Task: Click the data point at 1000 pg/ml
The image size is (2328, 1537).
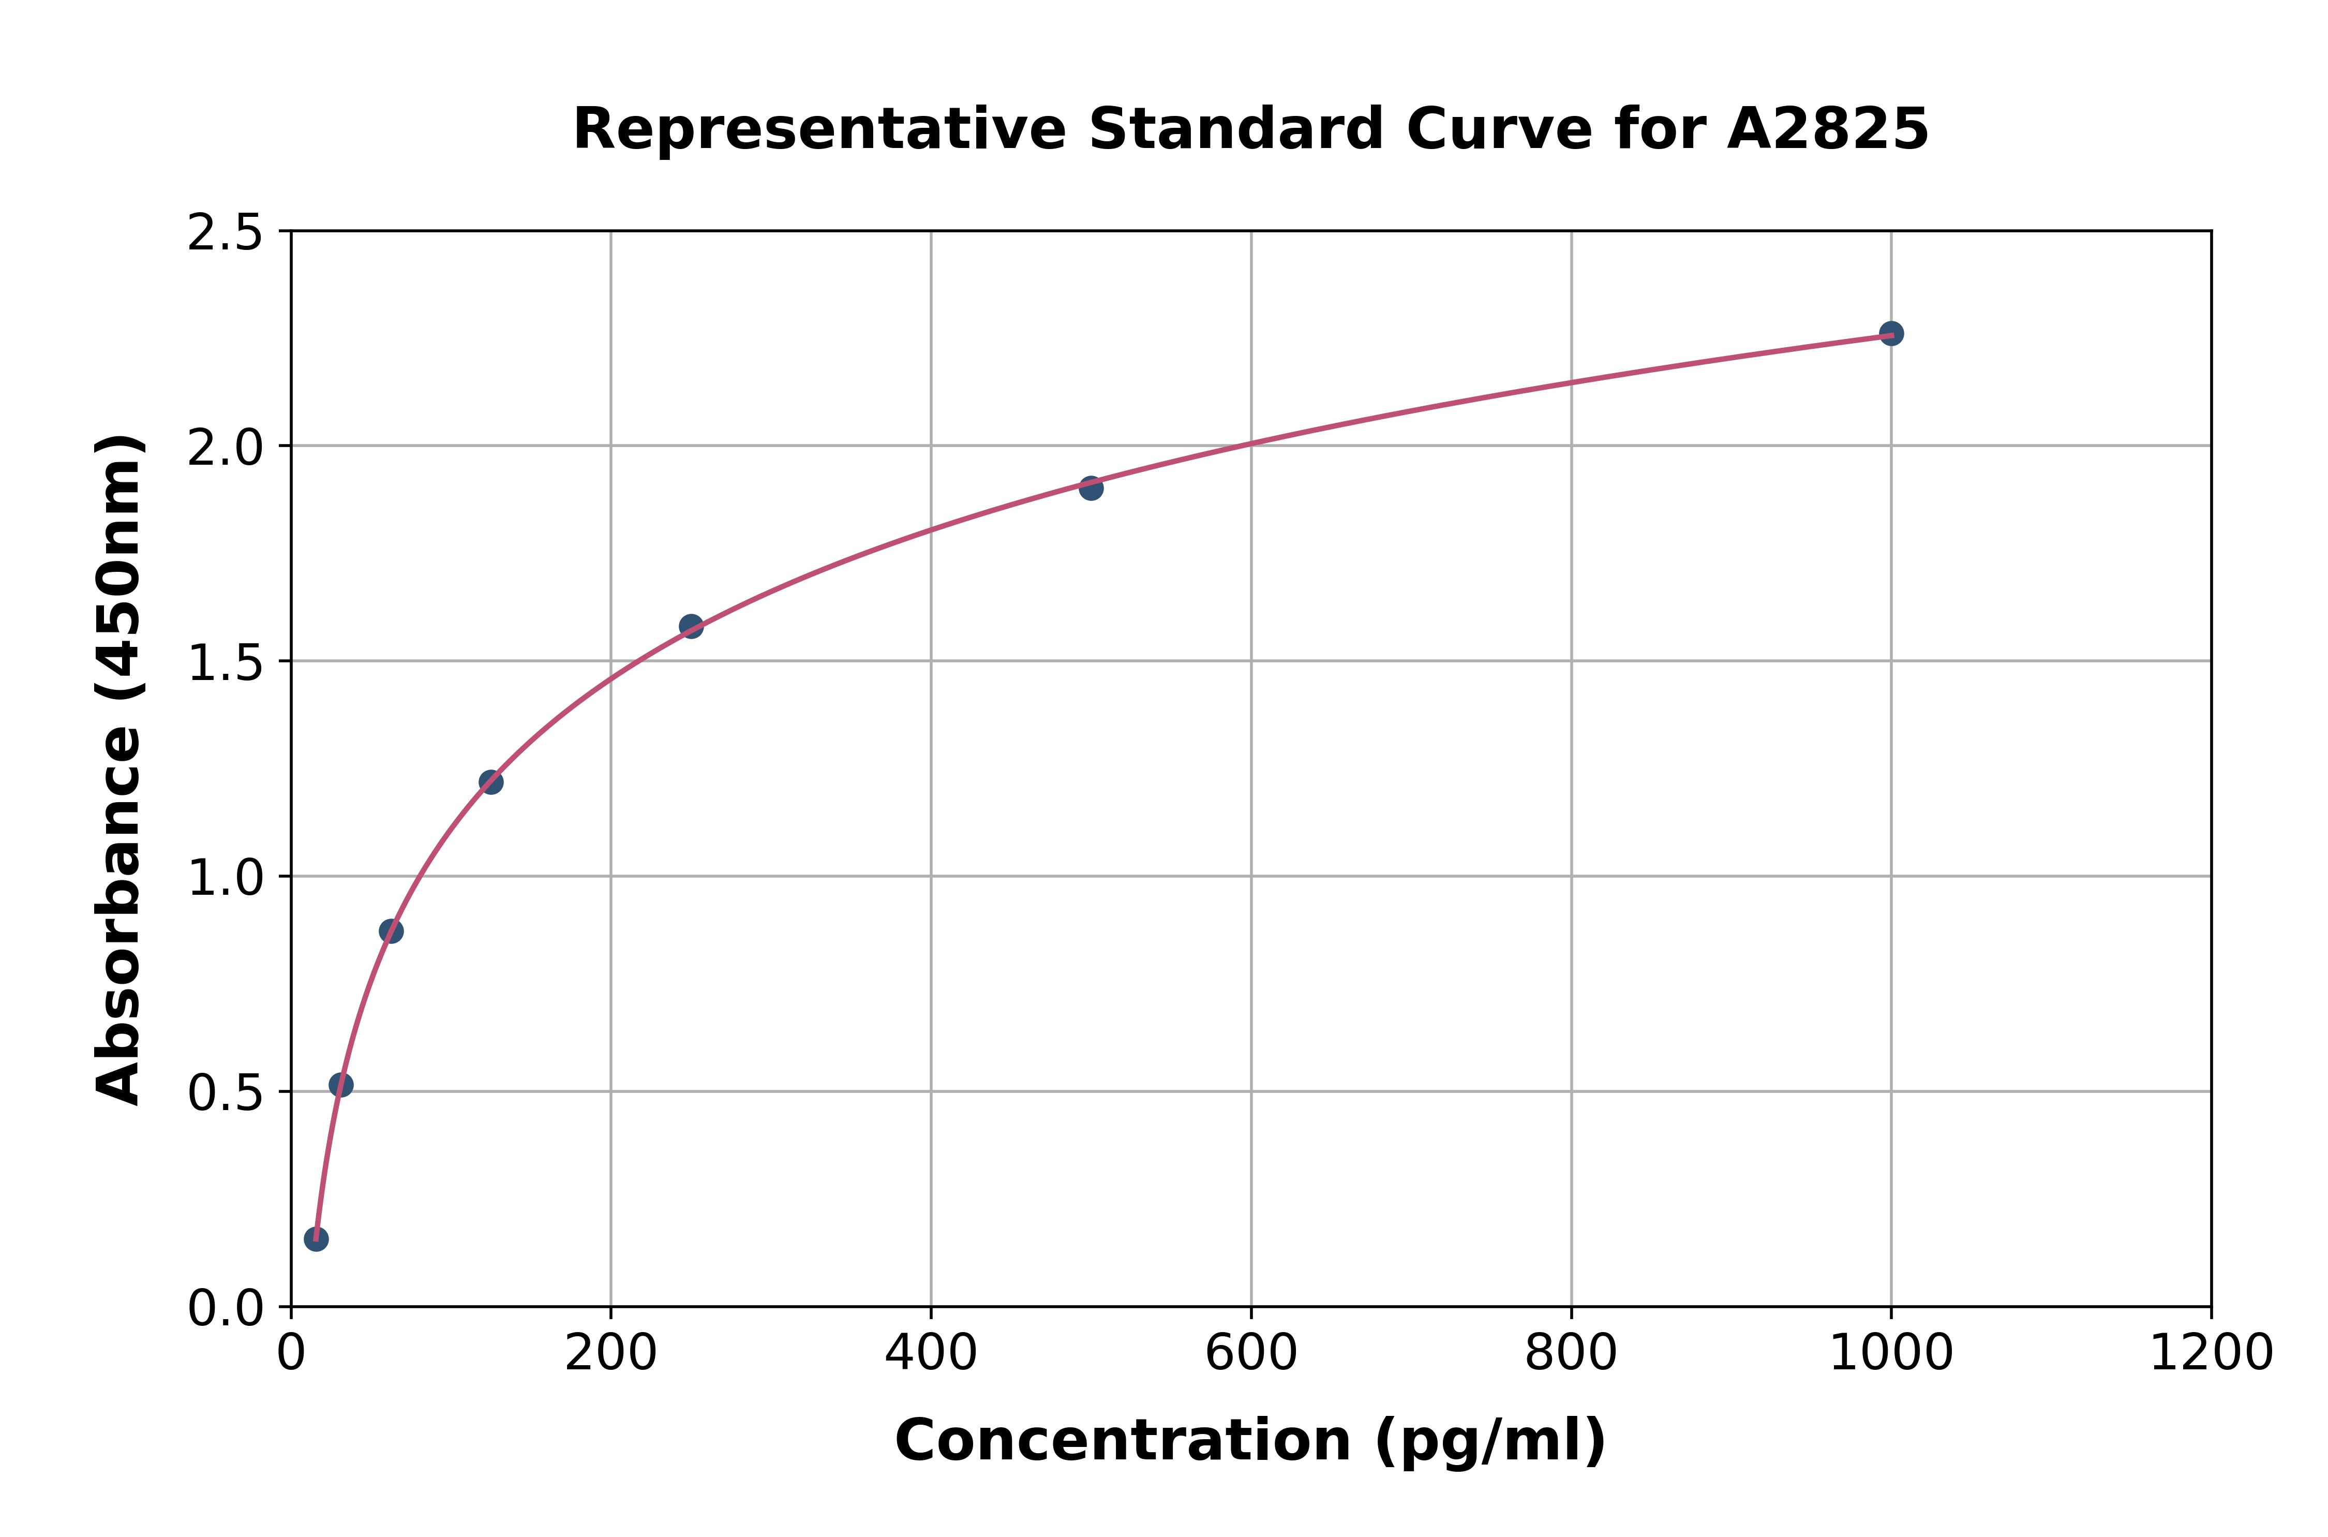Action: coord(1890,333)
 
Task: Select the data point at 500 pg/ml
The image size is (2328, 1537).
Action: coord(1091,488)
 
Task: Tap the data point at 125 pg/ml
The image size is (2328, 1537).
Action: coord(491,782)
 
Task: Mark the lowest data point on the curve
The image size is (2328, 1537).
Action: coord(316,1239)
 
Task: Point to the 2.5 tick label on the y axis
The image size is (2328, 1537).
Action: coord(226,233)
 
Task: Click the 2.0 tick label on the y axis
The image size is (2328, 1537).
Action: coord(226,448)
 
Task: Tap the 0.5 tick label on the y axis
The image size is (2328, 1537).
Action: coord(226,1093)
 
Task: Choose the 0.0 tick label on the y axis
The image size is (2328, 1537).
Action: coord(226,1309)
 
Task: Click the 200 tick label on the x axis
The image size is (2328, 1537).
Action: coord(610,1354)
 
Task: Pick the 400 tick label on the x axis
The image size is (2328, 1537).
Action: coord(931,1354)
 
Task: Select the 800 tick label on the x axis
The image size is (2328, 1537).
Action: coord(1571,1354)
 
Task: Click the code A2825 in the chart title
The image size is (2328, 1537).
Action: coord(1826,129)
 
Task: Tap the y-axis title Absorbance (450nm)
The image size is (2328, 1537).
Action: coord(120,770)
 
